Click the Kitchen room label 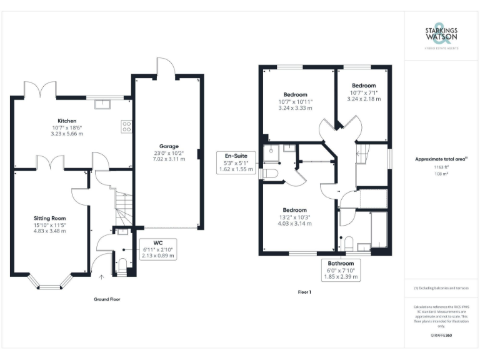point(67,121)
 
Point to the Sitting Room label point(49,217)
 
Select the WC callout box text point(157,249)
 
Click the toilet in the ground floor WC point(122,262)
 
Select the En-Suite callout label point(234,161)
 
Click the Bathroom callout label point(341,270)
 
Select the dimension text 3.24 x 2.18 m point(363,99)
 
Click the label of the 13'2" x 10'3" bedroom point(294,210)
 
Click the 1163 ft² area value point(441,168)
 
